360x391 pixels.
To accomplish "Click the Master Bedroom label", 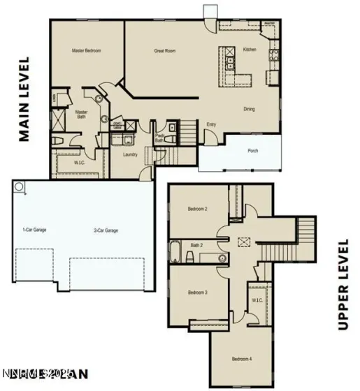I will (87, 51).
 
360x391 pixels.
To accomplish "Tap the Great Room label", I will (164, 51).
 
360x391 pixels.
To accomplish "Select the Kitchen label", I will (250, 50).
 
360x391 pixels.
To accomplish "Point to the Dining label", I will (249, 109).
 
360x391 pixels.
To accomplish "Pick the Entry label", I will (211, 124).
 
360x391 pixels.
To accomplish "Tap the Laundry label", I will (129, 154).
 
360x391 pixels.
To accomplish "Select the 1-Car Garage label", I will (34, 230).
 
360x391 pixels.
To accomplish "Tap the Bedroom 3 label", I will (197, 293).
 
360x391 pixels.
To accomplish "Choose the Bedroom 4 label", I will (242, 360).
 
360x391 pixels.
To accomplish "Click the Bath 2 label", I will (196, 246).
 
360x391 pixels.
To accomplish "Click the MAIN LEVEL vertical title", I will (25, 99).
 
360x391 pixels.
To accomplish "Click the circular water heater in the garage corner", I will (19, 186).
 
